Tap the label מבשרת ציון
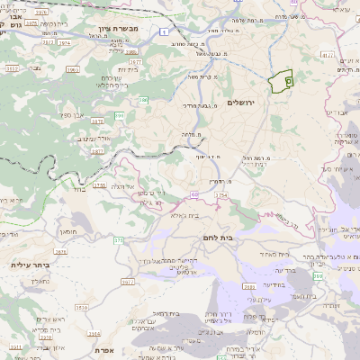point(116,29)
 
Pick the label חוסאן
point(68,231)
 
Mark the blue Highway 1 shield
point(166,32)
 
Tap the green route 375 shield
point(118,240)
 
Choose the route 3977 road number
point(128,282)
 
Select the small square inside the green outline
point(288,81)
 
